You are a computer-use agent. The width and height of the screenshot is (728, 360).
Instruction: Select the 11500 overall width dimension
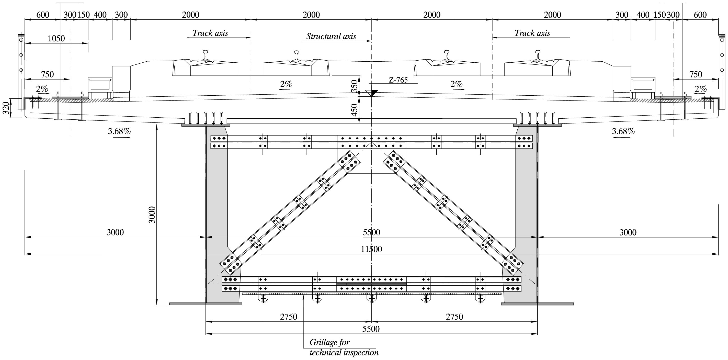tap(371, 249)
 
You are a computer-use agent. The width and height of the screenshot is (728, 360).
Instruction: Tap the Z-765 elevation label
tap(398, 80)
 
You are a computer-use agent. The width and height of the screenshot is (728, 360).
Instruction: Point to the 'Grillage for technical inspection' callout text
tap(344, 347)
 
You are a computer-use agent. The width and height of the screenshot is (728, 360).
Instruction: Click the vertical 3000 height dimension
tap(152, 215)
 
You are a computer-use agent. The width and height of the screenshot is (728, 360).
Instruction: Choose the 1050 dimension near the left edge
tap(56, 38)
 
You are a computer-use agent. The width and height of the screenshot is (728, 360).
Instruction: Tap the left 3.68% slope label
tap(119, 131)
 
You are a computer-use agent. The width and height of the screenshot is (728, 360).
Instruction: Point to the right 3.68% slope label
tap(623, 131)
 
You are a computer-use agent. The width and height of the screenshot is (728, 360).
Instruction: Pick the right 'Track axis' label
tap(532, 33)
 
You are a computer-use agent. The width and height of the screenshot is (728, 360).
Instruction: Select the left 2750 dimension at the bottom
tap(289, 317)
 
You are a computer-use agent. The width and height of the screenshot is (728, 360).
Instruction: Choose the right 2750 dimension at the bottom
tap(454, 317)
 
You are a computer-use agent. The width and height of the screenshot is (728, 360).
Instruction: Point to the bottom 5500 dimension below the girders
tap(371, 329)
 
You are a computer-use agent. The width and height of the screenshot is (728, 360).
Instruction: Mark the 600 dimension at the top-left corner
tap(43, 15)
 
